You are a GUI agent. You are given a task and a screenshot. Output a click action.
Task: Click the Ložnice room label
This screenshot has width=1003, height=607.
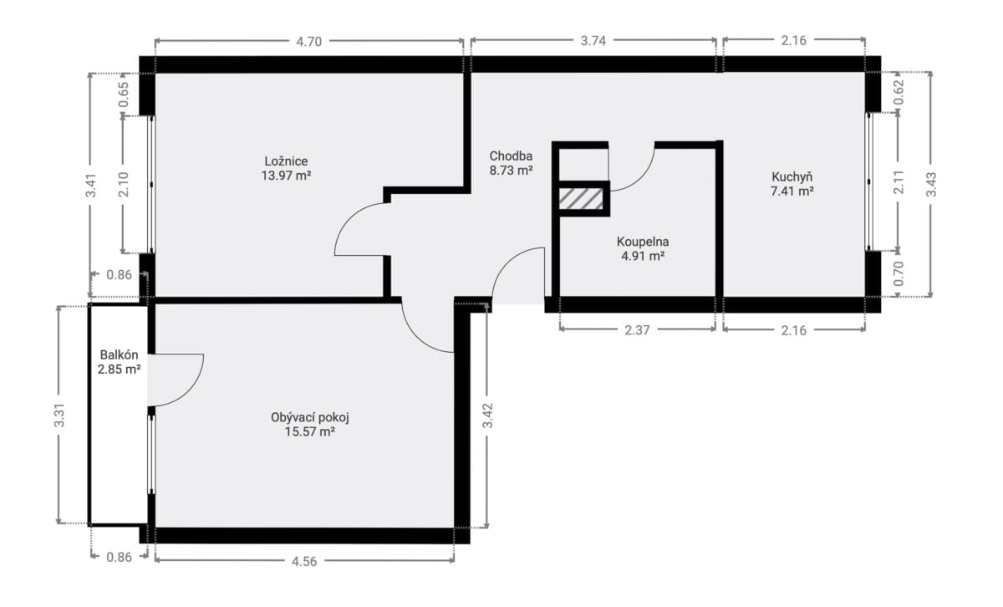286,161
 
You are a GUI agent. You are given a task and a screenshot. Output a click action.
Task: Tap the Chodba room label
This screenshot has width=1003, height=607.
511,156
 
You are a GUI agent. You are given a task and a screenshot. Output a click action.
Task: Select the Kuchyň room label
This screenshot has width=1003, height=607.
792,177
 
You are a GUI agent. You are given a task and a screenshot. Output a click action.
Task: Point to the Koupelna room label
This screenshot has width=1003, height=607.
643,242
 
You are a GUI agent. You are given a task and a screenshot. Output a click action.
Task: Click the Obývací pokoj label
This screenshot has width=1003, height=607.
310,417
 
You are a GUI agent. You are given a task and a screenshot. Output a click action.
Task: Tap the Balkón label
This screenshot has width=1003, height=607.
119,355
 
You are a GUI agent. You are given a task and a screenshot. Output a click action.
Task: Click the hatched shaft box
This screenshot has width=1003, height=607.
581,198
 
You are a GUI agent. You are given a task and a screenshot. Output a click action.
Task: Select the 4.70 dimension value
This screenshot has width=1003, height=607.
309,42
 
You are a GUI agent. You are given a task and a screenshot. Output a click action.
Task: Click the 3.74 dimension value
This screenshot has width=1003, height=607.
593,41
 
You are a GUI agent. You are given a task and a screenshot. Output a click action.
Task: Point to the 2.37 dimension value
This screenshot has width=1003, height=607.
637,330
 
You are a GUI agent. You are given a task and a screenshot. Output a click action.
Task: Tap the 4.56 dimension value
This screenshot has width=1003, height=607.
304,561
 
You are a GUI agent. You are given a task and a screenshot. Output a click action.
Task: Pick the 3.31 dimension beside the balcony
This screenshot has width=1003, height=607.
59,416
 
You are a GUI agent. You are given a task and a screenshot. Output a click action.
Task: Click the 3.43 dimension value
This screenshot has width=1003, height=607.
931,185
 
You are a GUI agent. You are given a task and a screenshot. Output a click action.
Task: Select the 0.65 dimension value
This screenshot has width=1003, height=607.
124,94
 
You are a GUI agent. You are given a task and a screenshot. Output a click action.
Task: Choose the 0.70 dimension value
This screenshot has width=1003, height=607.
899,273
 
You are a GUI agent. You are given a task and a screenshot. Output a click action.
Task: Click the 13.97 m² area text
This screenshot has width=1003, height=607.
286,175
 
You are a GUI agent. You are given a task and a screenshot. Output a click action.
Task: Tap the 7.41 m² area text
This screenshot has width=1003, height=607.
792,191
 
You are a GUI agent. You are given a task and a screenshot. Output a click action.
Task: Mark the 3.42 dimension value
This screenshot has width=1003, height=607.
487,416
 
